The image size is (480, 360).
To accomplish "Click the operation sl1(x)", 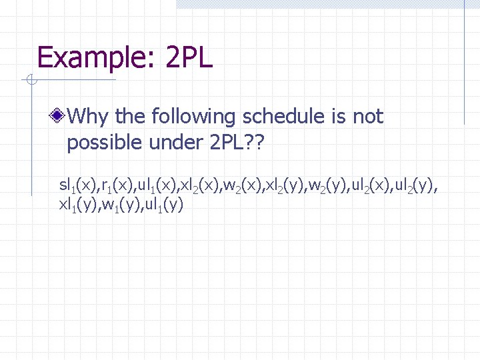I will (x=78, y=184).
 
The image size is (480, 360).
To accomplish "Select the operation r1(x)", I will (x=115, y=184).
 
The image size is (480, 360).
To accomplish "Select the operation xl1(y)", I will (x=78, y=205).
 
